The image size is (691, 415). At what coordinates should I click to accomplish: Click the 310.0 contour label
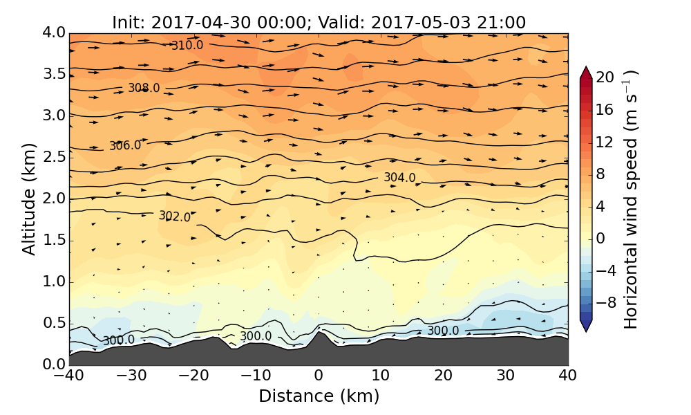187,46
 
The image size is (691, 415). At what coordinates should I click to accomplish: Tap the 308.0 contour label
144,89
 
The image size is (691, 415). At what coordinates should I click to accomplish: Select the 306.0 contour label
125,146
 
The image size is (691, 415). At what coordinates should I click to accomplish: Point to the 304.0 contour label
400,178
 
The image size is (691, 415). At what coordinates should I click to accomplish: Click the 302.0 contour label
175,216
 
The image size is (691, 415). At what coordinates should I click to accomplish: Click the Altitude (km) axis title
29,199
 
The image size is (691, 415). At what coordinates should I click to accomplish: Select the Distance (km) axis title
319,396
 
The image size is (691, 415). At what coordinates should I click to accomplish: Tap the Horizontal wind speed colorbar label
630,199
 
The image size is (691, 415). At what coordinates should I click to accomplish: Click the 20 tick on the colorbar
605,77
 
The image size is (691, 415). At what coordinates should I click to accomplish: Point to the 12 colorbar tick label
605,142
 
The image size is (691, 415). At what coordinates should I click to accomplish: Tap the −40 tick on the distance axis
69,376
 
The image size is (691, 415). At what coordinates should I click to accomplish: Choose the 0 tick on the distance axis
319,376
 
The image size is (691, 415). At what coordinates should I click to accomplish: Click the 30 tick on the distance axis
506,376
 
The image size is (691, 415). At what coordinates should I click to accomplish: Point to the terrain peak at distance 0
319,333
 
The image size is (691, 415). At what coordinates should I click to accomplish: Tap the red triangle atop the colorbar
586,73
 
